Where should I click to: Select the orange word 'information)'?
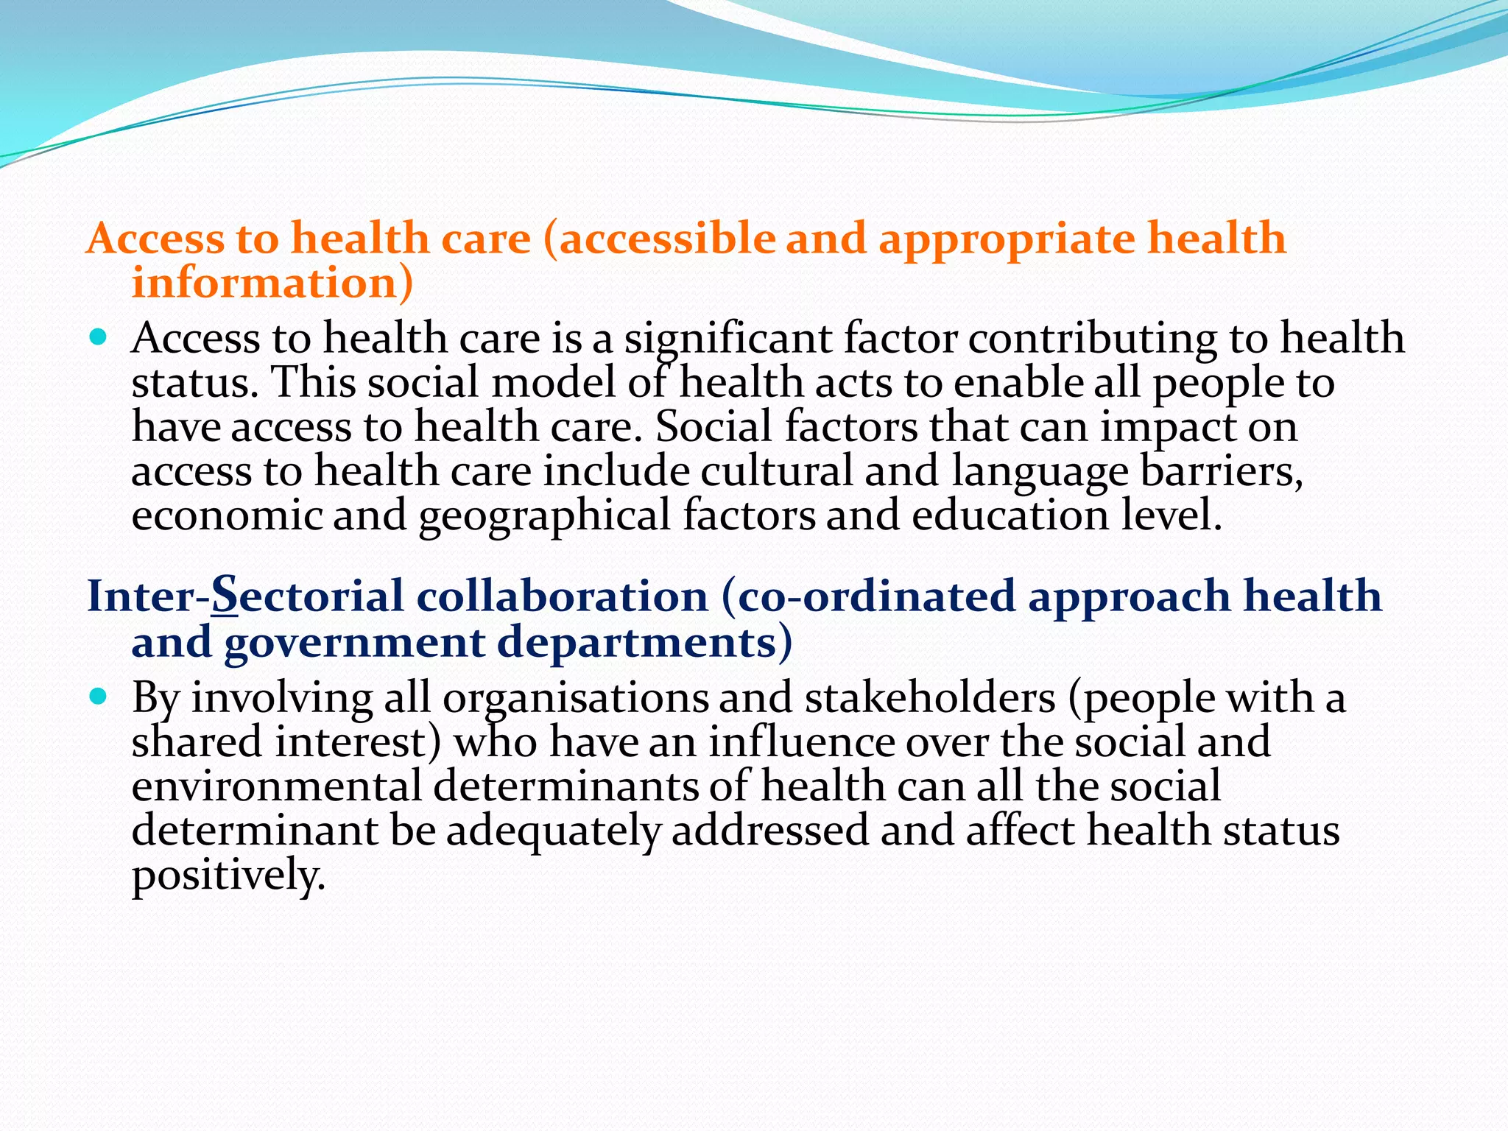click(272, 283)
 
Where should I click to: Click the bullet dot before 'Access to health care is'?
click(97, 338)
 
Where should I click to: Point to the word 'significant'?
click(728, 339)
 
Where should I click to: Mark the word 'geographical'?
click(544, 516)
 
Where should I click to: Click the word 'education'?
click(1010, 515)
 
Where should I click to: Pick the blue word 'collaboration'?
click(562, 596)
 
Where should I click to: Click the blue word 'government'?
click(354, 643)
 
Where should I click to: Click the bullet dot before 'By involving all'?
click(97, 697)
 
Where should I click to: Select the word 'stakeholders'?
click(930, 697)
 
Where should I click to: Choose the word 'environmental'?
click(277, 786)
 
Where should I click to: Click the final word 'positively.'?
click(228, 875)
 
